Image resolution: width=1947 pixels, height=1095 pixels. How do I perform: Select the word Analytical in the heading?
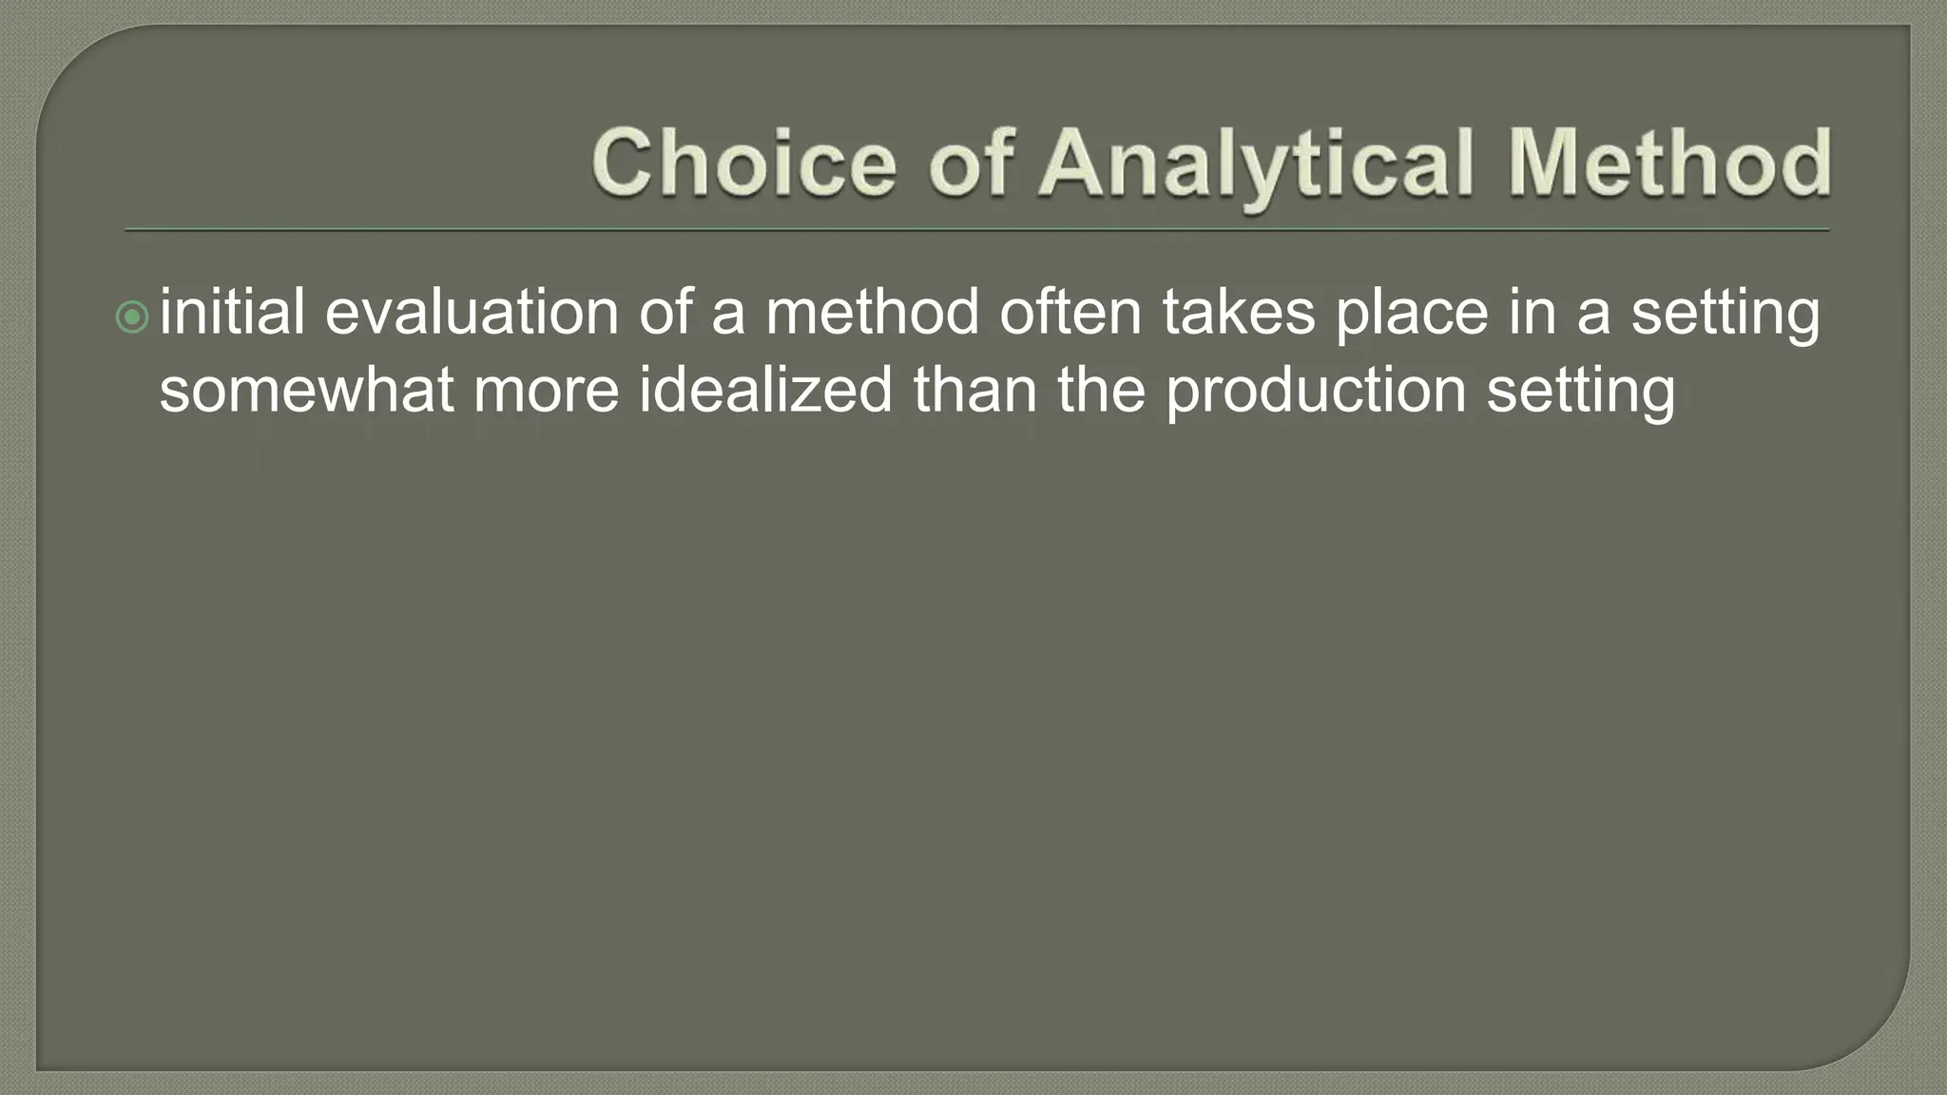1257,163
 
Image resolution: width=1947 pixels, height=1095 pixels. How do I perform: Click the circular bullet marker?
133,317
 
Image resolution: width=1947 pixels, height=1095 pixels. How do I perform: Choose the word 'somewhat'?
306,391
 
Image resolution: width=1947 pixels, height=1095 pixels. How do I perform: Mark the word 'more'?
546,391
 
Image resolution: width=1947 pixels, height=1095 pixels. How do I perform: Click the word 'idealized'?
765,391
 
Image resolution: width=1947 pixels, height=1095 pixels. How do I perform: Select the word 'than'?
974,391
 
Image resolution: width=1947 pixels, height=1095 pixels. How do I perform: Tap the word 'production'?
1317,391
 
